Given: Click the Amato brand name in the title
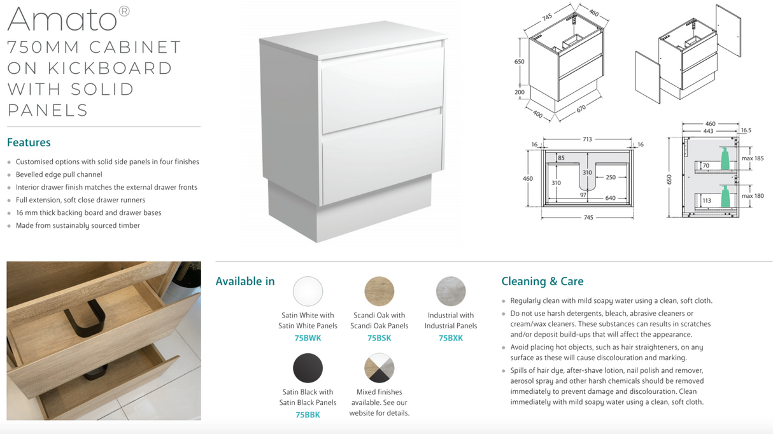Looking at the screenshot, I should point(62,20).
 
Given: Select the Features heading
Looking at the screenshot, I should point(29,143).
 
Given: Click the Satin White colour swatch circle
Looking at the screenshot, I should point(308,291).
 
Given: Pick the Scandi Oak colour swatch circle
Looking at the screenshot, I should point(379,291).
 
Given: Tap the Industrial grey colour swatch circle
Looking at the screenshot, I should point(451,291).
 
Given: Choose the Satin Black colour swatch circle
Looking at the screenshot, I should point(308,368).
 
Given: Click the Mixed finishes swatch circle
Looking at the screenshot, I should point(379,368).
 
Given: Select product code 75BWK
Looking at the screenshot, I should point(308,339).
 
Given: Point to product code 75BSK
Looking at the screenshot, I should point(379,339).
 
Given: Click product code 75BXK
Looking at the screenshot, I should point(451,339).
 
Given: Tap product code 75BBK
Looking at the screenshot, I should point(308,415).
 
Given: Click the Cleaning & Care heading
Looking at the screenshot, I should point(542,281).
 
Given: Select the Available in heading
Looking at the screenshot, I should point(245,281).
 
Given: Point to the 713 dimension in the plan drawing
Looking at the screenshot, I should point(587,139).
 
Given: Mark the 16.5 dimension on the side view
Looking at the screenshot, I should point(746,130).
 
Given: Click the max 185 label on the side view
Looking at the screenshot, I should point(753,158).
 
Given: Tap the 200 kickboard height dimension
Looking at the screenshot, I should point(520,92).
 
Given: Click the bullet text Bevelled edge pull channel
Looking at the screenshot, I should point(59,174).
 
